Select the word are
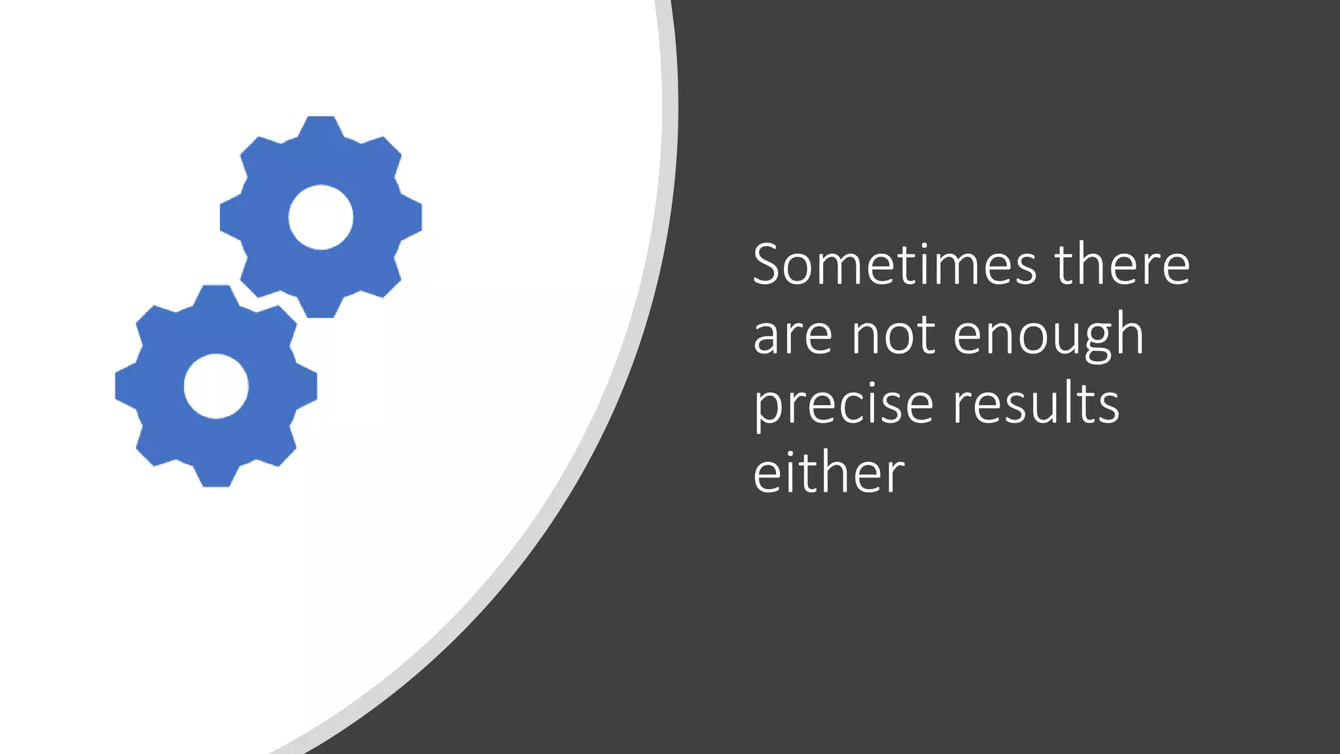pos(792,334)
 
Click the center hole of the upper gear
pos(321,217)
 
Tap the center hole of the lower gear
pos(216,386)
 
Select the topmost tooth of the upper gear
pos(321,126)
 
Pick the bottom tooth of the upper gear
pos(321,308)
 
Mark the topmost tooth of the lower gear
pos(216,295)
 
